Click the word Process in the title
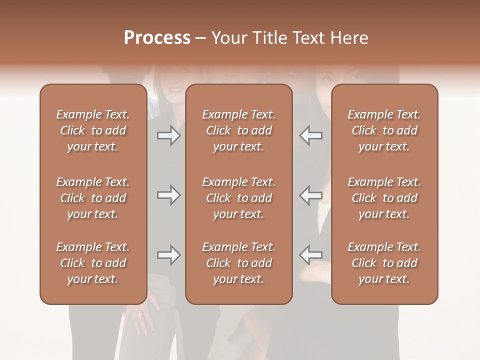[x=157, y=38]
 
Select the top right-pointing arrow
[x=168, y=135]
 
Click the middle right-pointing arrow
[x=168, y=195]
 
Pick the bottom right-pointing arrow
[x=168, y=255]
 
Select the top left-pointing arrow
[x=310, y=135]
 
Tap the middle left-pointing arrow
[x=310, y=195]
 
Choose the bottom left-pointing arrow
[x=310, y=255]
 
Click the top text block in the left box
[x=93, y=130]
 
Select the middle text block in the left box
[x=93, y=198]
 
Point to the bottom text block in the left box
[x=93, y=263]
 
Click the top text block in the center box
[x=239, y=130]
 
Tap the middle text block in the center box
[x=239, y=198]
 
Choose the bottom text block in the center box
[x=239, y=263]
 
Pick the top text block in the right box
[x=384, y=130]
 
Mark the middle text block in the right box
[x=384, y=198]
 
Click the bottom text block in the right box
[x=384, y=263]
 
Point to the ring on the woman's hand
[x=139, y=315]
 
